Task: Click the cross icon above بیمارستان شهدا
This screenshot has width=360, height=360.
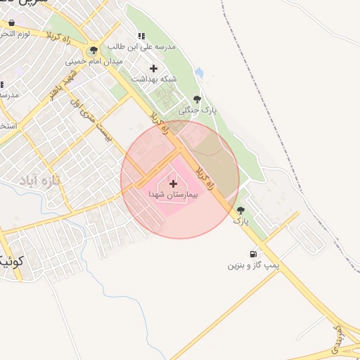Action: point(174,184)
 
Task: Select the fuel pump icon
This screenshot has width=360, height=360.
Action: point(252,255)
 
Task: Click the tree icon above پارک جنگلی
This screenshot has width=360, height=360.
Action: point(196,99)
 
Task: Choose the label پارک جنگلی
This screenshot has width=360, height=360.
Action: point(198,110)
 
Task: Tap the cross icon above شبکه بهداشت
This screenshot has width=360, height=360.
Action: point(154,68)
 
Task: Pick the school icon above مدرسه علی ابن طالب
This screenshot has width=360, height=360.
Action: point(141,37)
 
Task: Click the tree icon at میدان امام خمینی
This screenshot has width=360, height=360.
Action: point(94,50)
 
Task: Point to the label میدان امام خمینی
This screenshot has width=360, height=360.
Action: point(94,61)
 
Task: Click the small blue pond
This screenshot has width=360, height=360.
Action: point(200,72)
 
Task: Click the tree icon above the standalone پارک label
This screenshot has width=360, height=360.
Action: point(241,210)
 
